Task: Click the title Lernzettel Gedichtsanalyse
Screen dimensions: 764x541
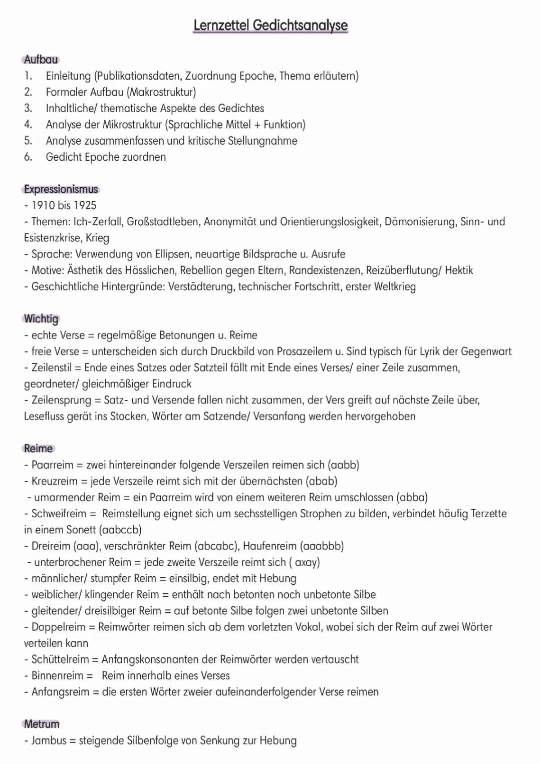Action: (x=270, y=25)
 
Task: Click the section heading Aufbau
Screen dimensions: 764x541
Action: (x=41, y=60)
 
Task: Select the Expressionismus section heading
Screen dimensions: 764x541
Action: (x=61, y=189)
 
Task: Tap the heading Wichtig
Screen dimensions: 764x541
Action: (x=41, y=319)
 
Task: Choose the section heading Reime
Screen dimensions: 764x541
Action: (x=39, y=449)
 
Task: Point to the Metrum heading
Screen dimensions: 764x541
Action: (x=42, y=724)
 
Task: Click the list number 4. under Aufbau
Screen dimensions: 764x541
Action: (x=28, y=125)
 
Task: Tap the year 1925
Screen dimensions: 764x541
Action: (x=85, y=205)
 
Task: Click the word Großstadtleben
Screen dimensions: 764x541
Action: (x=162, y=222)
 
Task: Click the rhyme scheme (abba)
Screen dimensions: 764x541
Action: (x=412, y=498)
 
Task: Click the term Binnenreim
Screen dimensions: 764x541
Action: (x=58, y=676)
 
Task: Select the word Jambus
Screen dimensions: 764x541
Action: (x=49, y=740)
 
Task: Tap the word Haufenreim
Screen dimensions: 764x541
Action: (x=270, y=546)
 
